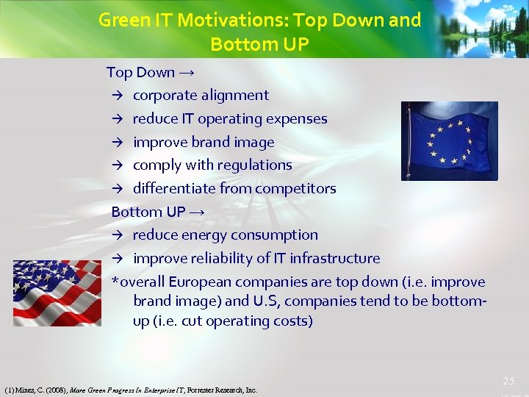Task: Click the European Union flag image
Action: [449, 141]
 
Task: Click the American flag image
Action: [57, 293]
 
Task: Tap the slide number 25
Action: [508, 381]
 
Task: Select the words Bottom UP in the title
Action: [259, 44]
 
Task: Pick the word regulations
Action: [253, 165]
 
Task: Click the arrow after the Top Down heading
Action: [187, 72]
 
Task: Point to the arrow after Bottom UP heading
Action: [197, 212]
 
